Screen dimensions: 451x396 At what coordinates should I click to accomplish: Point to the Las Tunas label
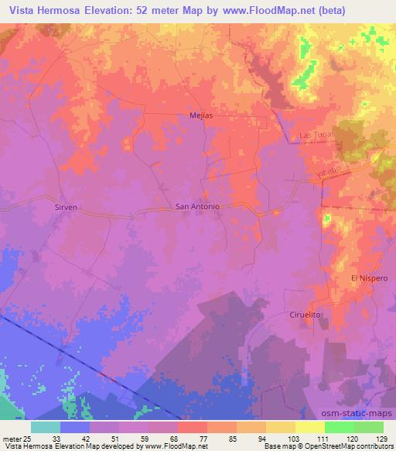click(315, 136)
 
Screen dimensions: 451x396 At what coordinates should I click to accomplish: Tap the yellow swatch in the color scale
click(309, 427)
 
